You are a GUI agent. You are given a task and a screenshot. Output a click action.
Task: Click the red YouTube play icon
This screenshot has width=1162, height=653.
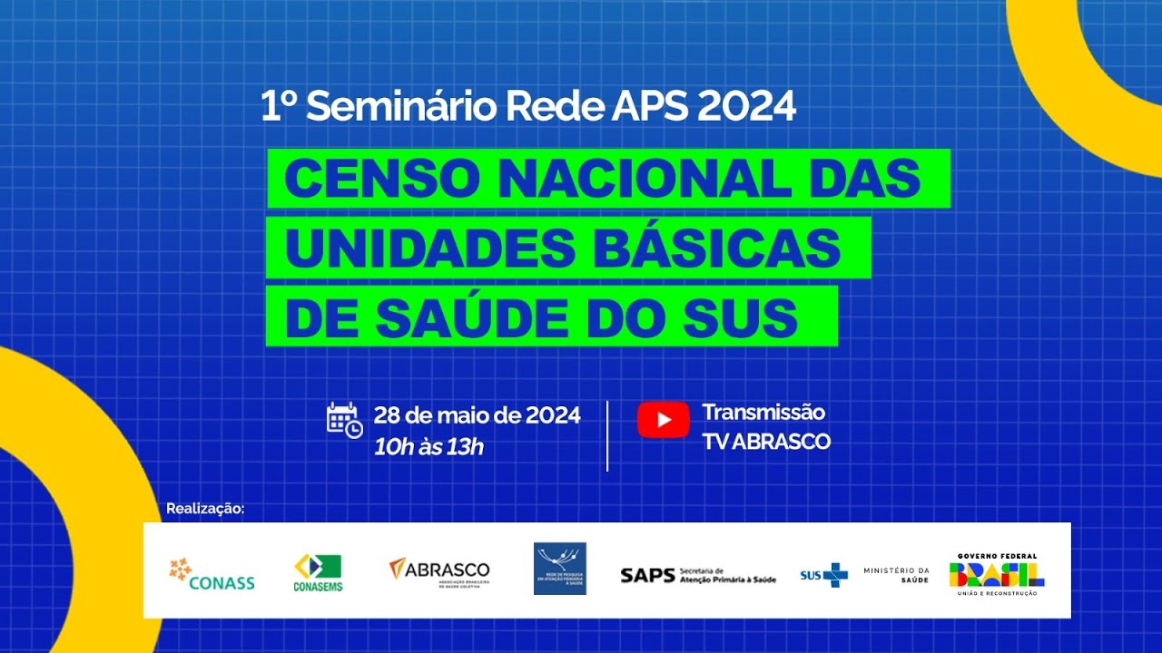663,420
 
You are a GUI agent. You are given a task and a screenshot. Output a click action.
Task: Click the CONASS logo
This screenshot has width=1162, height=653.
212,574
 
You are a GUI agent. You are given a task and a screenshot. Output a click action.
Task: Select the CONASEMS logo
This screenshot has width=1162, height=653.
318,572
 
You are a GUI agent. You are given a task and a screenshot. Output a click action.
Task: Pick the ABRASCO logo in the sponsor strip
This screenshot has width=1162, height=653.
439,571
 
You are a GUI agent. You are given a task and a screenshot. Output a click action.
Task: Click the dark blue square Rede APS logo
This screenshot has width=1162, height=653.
560,569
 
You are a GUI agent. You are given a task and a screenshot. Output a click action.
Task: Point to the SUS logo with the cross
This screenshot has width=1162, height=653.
823,575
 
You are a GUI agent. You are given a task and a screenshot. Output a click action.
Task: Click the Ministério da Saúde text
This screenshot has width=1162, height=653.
896,574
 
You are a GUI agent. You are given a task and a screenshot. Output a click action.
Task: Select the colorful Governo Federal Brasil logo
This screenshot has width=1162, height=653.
997,573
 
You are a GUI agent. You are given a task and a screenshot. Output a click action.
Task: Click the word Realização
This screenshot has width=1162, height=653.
205,509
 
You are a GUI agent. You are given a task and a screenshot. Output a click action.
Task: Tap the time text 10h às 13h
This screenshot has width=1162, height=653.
428,446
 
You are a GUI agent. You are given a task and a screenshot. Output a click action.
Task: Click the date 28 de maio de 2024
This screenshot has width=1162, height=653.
477,416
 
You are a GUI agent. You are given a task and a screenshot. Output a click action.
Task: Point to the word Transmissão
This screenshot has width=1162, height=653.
763,413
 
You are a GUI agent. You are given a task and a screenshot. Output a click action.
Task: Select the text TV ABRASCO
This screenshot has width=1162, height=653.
766,442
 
